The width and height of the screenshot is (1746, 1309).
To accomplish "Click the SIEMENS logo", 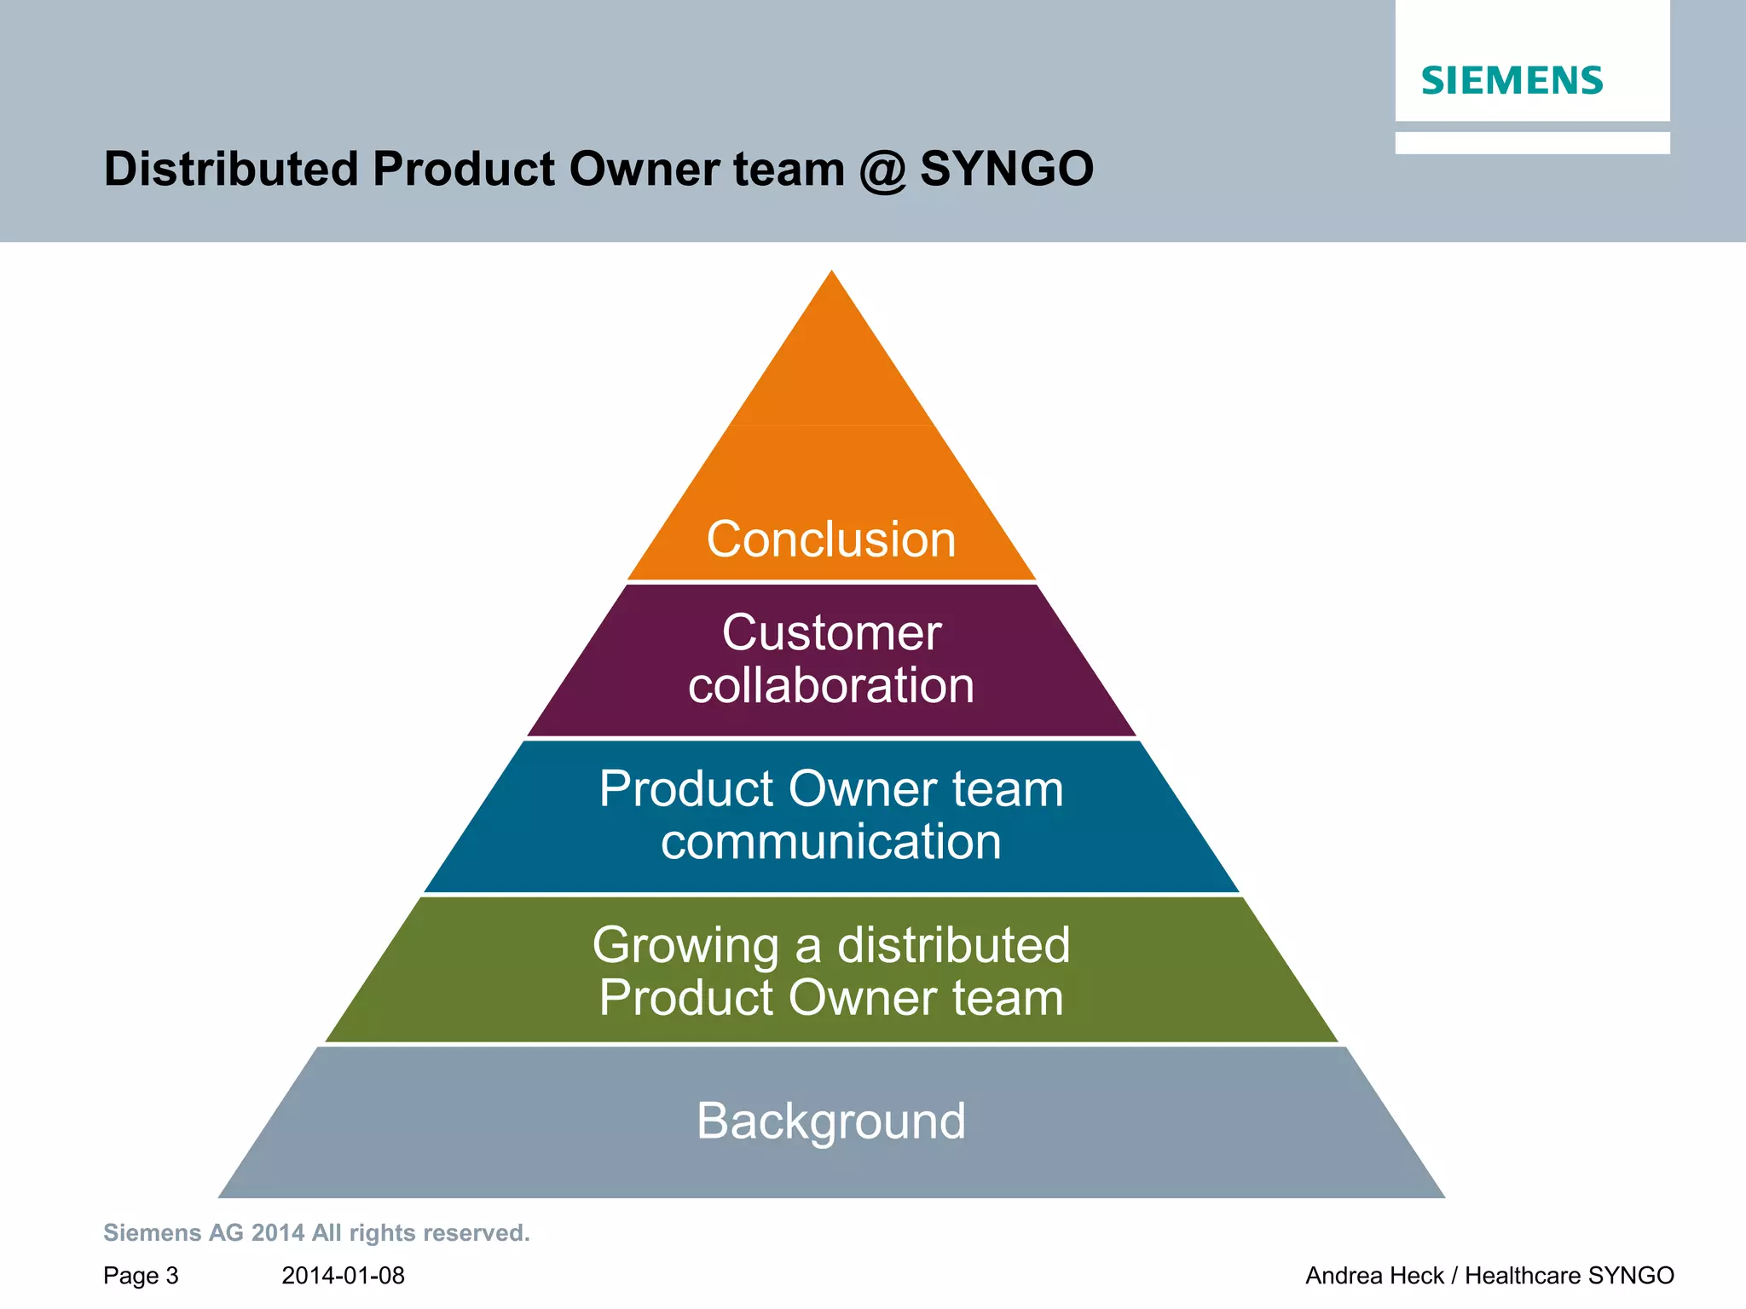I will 1512,81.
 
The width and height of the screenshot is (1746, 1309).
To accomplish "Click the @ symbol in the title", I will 882,170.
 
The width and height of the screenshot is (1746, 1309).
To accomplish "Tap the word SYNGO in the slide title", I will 1007,169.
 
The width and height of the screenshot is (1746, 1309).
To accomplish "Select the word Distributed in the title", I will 231,169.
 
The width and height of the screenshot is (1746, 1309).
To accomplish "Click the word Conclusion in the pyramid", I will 831,539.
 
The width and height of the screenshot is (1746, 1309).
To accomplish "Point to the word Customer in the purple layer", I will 831,633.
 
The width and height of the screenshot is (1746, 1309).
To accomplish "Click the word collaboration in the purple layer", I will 831,686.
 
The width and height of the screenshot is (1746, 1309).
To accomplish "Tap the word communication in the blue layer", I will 831,842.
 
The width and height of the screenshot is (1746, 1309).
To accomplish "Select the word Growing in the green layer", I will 685,946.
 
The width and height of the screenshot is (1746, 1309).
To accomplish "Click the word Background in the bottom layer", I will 831,1121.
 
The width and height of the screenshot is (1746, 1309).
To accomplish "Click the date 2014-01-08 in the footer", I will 343,1276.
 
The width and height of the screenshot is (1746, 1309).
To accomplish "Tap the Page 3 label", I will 141,1276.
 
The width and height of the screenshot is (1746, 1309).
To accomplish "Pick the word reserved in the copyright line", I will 477,1233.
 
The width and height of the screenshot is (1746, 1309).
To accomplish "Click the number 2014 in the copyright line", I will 278,1233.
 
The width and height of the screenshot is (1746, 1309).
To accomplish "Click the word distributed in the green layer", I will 953,946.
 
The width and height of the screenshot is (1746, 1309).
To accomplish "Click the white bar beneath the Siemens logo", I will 1532,142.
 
